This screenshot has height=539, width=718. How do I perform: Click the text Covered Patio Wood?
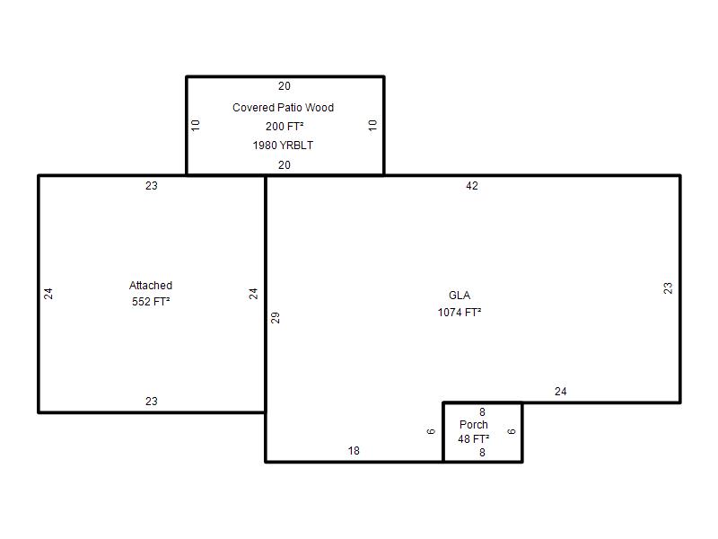[283, 108]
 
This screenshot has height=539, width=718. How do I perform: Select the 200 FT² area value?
[285, 126]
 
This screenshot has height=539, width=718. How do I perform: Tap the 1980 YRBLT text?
[283, 146]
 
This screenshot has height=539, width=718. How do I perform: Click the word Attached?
[151, 286]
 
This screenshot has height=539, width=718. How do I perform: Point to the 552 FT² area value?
[151, 302]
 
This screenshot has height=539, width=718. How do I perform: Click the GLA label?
[460, 296]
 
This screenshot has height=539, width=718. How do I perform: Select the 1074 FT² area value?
[460, 312]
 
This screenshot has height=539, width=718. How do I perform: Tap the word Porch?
[474, 424]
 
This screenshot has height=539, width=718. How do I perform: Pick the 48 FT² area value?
[474, 438]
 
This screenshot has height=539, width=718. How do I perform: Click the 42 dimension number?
[472, 186]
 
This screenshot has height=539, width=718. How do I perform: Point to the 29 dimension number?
[276, 318]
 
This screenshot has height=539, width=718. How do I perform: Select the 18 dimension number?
[354, 451]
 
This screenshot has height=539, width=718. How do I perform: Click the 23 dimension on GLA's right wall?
[668, 287]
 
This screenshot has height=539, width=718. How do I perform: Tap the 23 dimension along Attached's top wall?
[152, 186]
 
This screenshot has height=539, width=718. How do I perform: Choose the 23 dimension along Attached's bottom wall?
[152, 401]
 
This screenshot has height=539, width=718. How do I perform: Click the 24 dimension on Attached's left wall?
[48, 294]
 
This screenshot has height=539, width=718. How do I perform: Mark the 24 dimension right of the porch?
[560, 392]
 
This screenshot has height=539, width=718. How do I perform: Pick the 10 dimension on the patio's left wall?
[196, 125]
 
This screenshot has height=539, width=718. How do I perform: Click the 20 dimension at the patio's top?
[285, 86]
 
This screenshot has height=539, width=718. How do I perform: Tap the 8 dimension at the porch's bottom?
[482, 453]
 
